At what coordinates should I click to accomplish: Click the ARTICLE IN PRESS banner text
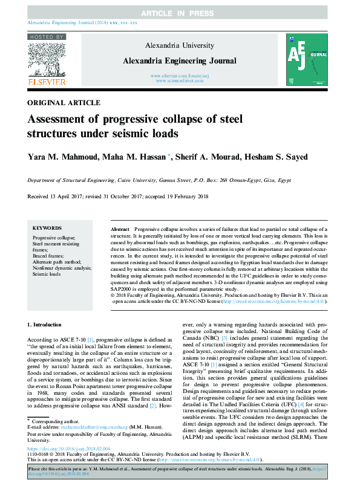click(x=180, y=13)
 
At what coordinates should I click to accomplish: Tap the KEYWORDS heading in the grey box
click(x=47, y=229)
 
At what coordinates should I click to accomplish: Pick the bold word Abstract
click(x=120, y=230)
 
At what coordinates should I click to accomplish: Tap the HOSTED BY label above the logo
click(x=44, y=37)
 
